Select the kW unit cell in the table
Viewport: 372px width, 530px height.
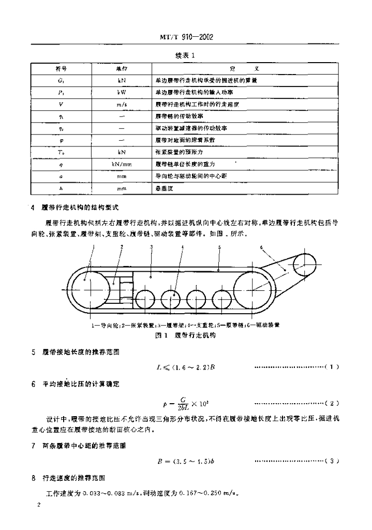pos(122,92)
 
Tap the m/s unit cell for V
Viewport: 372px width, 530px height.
pos(122,104)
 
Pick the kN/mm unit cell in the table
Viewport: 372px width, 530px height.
pos(122,164)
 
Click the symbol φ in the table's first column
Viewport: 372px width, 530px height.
pos(61,140)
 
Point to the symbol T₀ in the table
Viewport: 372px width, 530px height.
pos(61,152)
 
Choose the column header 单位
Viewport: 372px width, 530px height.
pos(122,68)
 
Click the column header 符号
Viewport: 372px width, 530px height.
pos(61,68)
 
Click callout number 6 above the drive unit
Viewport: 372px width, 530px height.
pos(262,248)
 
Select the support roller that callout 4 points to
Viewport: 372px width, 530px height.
pos(173,299)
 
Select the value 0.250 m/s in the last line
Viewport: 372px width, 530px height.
pos(217,492)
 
